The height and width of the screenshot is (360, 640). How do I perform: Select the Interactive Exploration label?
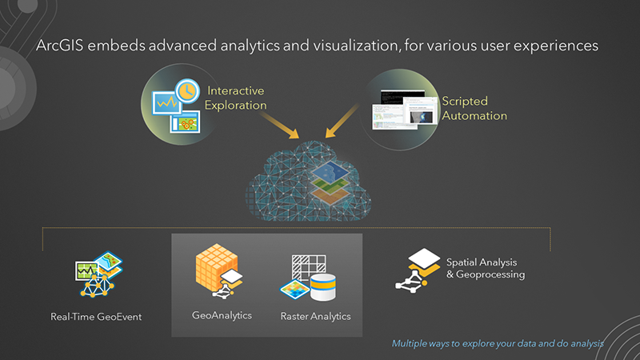point(237,98)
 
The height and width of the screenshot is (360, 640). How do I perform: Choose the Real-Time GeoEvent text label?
point(95,317)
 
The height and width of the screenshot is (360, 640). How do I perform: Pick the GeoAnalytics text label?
point(222,315)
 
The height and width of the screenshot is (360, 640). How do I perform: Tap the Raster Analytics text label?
point(315,316)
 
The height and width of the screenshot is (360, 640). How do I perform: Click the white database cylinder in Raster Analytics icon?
point(324,287)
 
